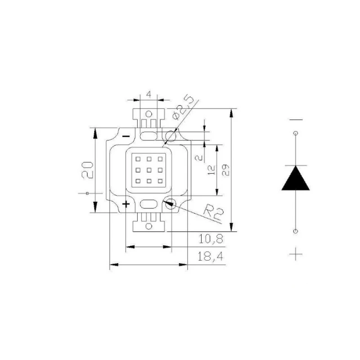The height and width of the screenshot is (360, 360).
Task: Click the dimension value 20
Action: (87, 170)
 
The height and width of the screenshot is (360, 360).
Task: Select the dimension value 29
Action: (225, 170)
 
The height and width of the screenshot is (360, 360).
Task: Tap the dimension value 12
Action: (211, 170)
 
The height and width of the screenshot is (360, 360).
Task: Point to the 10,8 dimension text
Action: (211, 239)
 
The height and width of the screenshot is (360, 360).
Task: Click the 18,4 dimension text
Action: (210, 256)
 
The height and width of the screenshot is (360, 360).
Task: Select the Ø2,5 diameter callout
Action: (183, 107)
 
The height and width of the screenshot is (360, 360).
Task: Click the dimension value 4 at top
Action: (149, 94)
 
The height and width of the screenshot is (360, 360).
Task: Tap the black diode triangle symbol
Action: (296, 178)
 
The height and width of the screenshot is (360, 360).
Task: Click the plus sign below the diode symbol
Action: (296, 254)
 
